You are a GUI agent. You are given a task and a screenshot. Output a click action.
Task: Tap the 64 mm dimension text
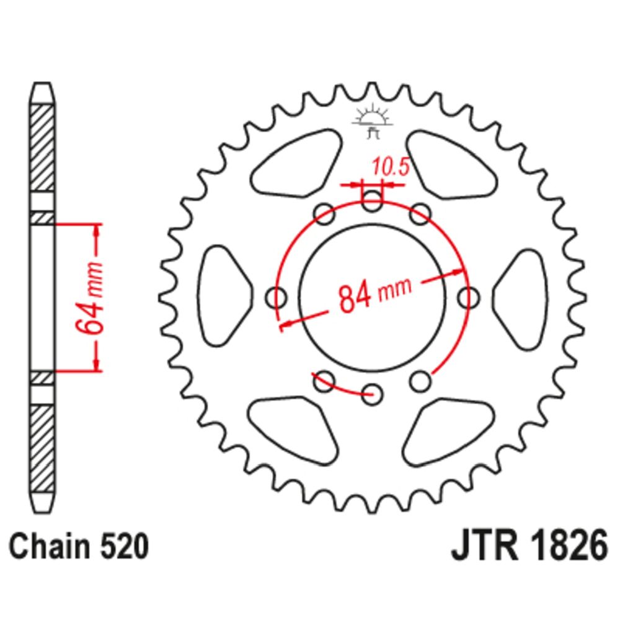click(89, 298)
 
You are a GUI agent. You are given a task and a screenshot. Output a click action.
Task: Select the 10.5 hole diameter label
click(390, 168)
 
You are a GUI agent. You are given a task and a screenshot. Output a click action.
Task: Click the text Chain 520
click(79, 547)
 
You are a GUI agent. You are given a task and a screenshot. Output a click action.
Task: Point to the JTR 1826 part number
click(529, 547)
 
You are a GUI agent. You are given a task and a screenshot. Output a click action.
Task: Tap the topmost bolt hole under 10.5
click(372, 201)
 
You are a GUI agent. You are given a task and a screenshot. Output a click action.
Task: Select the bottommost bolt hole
click(372, 394)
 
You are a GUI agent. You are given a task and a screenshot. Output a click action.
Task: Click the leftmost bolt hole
click(277, 298)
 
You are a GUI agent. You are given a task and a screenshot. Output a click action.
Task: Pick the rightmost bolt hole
click(469, 298)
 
